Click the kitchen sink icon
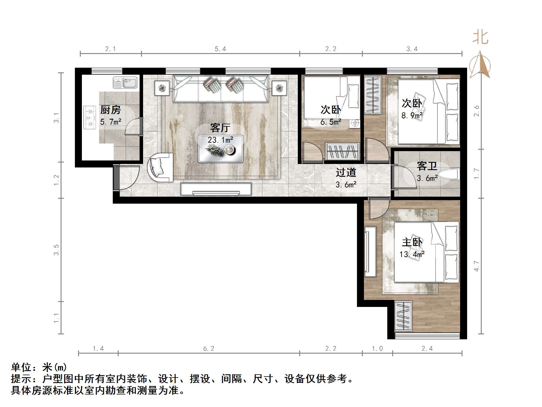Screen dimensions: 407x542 125,83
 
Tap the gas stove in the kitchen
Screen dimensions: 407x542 90,117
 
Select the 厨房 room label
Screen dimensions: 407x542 110,110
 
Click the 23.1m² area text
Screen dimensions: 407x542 220,140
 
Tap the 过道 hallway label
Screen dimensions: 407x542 346,172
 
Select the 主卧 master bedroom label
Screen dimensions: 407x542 412,242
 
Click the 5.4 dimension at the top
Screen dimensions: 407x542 220,49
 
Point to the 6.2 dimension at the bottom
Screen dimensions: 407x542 209,348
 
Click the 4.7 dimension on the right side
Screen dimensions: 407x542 476,266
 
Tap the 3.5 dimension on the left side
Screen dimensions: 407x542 56,250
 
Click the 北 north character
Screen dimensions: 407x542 480,37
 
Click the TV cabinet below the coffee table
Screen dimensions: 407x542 216,189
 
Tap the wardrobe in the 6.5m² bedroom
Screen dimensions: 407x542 342,151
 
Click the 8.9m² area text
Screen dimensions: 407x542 412,116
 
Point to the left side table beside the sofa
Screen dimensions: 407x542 162,88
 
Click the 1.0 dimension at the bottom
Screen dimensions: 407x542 377,348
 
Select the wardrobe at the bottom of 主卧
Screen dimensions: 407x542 403,316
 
